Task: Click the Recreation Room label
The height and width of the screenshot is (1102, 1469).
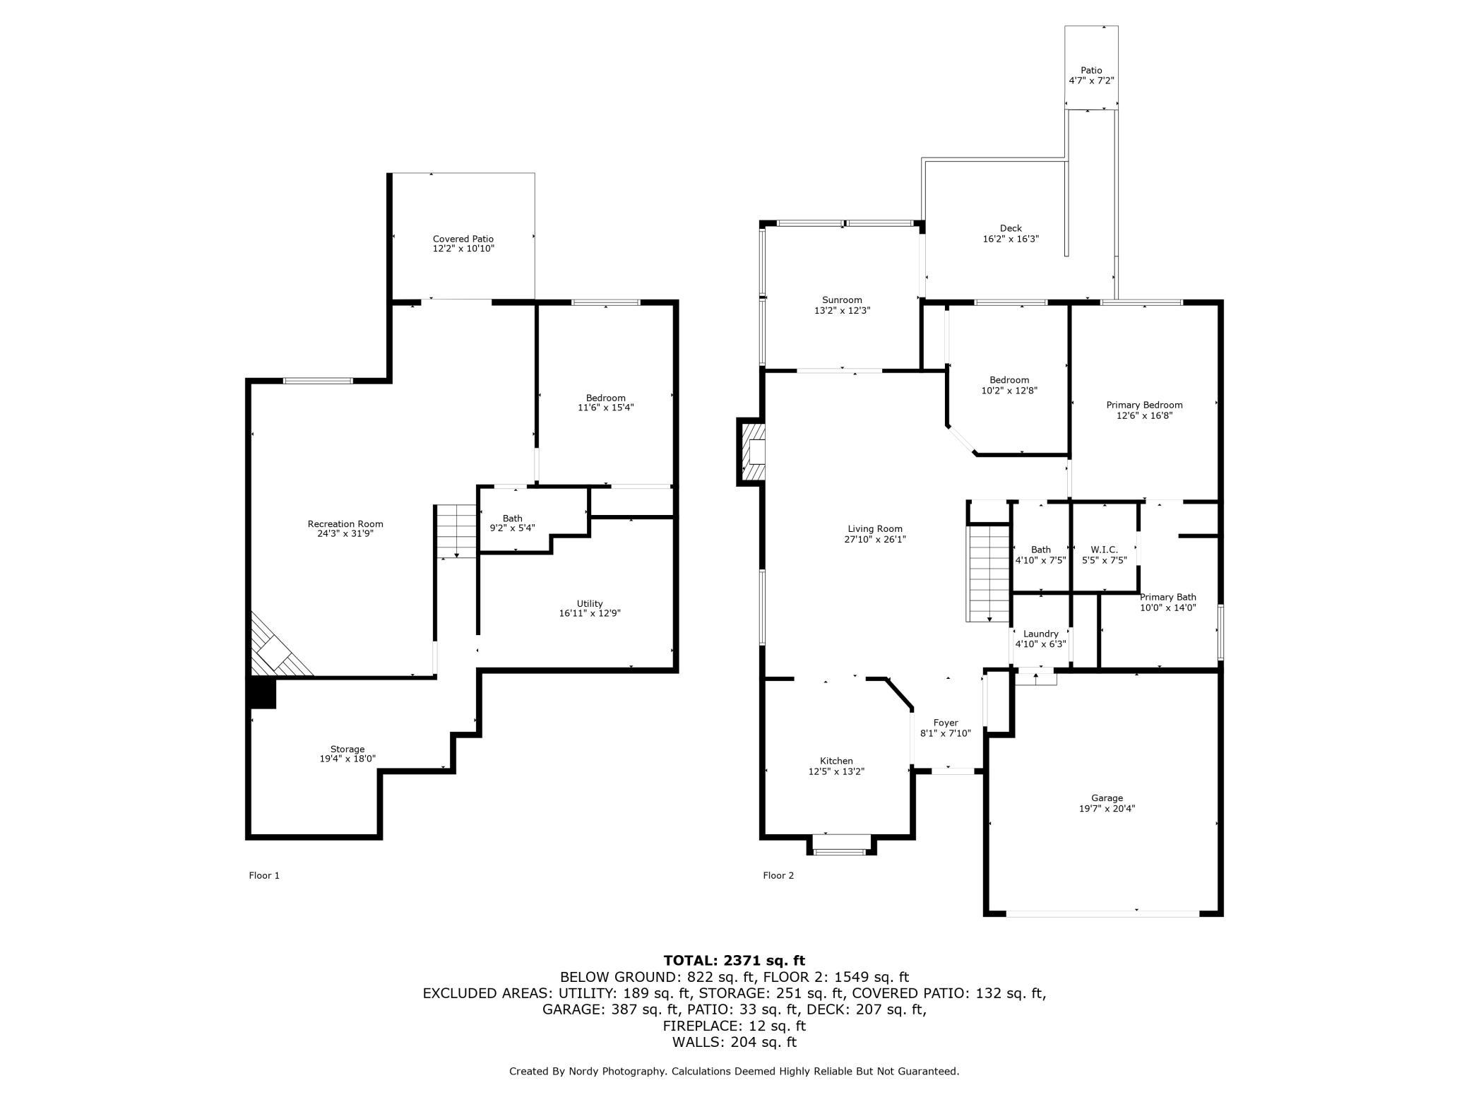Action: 345,523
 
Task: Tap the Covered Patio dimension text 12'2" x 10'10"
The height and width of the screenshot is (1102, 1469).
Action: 463,249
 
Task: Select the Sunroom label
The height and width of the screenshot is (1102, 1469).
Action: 842,300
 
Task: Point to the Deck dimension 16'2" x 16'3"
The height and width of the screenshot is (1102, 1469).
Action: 1011,239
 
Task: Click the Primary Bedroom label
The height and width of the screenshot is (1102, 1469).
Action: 1144,405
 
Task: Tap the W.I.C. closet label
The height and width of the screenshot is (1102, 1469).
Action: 1105,550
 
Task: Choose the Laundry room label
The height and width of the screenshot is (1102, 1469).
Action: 1040,634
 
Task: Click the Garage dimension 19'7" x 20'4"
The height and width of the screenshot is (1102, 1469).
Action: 1107,809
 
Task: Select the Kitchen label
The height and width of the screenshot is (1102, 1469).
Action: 836,761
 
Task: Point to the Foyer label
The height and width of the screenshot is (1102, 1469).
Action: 946,723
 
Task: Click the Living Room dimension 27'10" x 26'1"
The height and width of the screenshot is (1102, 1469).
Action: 875,539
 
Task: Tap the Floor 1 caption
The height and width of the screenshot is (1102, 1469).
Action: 264,875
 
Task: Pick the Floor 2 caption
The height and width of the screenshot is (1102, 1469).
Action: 778,875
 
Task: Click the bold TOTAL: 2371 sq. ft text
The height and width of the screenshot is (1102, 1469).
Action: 734,960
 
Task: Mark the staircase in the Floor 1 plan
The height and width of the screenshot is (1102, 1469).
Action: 456,531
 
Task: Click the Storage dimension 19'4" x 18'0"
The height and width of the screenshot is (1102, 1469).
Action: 347,759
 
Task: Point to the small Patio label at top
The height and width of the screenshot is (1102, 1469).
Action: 1091,71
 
